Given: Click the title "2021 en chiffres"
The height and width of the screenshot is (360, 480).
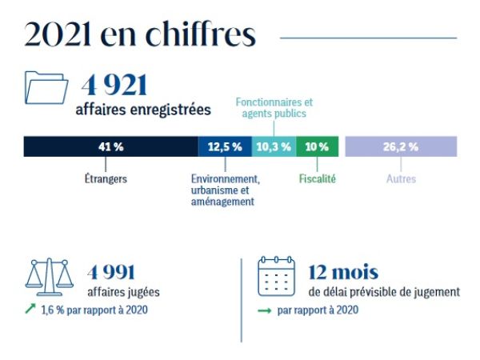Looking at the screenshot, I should tap(140, 35).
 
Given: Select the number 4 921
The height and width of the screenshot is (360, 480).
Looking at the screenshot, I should tap(112, 85).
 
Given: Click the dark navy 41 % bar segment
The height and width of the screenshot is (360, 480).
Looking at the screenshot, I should tap(111, 146).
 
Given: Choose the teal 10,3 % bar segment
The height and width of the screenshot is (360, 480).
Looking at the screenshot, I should tap(274, 146).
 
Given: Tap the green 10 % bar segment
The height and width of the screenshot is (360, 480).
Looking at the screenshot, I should tap(317, 146).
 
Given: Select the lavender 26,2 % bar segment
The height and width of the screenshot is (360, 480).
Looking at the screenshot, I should tap(400, 146).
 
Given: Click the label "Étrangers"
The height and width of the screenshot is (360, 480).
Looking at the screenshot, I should tap(106, 179).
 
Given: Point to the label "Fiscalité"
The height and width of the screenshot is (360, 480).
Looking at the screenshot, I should tap(317, 179).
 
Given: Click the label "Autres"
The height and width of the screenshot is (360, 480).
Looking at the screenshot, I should tap(400, 179).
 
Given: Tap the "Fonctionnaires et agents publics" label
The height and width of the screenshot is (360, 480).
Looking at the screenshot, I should tap(274, 108).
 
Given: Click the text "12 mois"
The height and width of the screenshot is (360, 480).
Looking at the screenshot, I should tap(345, 272).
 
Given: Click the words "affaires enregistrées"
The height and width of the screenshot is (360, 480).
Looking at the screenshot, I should tap(143, 109).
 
